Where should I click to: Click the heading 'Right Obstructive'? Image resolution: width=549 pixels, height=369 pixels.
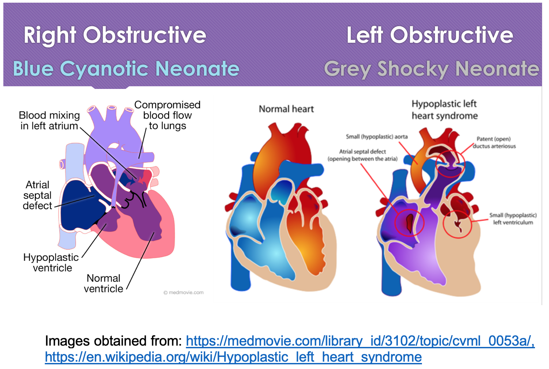[x=115, y=36]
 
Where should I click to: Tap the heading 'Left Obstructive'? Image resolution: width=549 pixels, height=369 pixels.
[x=430, y=35]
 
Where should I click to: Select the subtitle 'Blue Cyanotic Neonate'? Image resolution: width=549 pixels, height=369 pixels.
[x=126, y=69]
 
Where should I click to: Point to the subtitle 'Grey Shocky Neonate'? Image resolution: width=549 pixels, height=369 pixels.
[x=432, y=69]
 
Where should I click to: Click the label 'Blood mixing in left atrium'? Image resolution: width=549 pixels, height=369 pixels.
[x=49, y=121]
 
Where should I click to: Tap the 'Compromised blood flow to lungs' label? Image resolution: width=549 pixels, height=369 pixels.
[x=168, y=115]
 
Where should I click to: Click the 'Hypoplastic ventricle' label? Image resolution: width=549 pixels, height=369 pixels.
[x=51, y=263]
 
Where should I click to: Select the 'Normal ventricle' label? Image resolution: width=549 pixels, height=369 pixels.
[x=103, y=283]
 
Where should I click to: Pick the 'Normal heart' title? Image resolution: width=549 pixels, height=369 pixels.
[x=286, y=109]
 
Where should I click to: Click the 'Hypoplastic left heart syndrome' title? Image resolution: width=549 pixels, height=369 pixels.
[x=445, y=110]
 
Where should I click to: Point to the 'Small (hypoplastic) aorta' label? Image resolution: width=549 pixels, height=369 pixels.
[x=377, y=137]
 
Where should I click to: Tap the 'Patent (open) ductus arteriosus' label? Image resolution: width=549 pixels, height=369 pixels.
[x=494, y=143]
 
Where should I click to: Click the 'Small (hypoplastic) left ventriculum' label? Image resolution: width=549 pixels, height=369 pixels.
[x=513, y=219]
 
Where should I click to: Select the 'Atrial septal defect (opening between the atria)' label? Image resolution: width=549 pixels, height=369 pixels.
[x=362, y=155]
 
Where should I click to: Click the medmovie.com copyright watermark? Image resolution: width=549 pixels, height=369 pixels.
[x=183, y=292]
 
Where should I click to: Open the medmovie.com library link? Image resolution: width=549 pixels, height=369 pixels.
[x=360, y=341]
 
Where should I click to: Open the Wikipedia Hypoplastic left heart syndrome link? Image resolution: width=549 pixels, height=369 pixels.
[x=233, y=357]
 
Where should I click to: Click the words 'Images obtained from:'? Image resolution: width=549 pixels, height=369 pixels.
[x=113, y=341]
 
